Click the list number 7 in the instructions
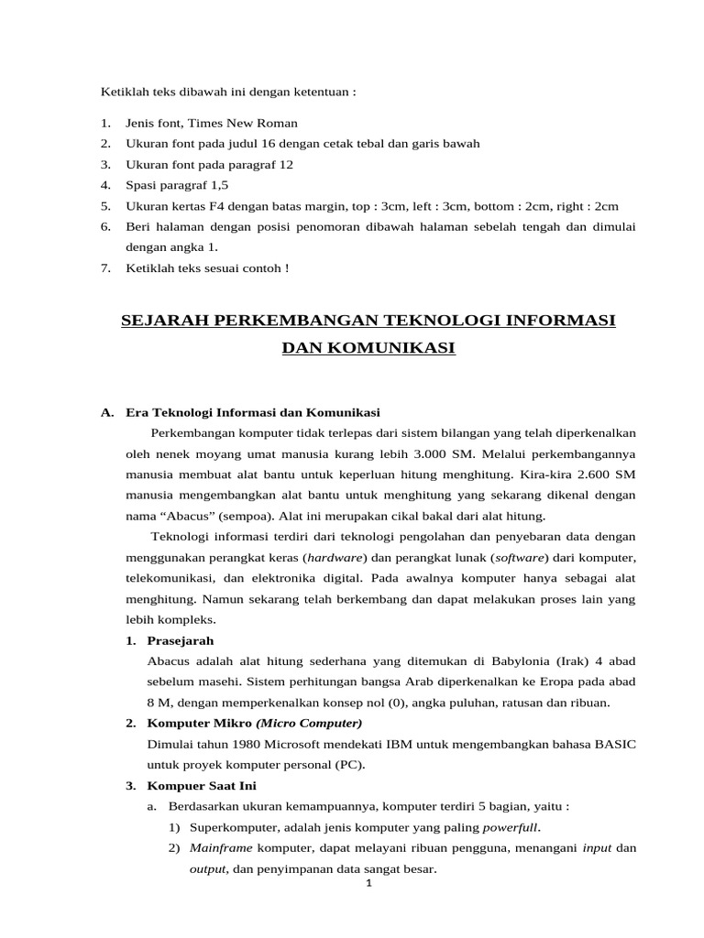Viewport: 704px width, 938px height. point(105,267)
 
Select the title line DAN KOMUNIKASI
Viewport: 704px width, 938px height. point(368,349)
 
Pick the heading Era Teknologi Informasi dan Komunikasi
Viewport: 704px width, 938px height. point(252,412)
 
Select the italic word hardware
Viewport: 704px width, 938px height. point(335,557)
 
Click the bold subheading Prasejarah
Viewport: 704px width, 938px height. point(180,639)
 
